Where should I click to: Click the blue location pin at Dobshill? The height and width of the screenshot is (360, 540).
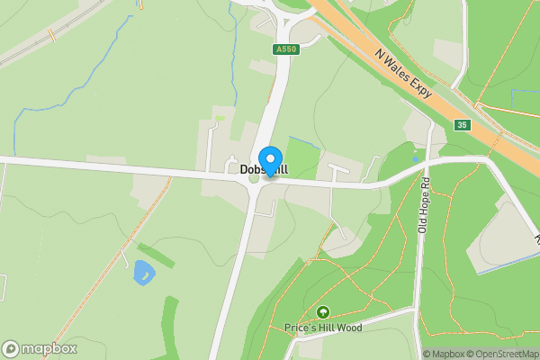pyautogui.click(x=268, y=159)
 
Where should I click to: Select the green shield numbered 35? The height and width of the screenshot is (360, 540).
pyautogui.click(x=462, y=124)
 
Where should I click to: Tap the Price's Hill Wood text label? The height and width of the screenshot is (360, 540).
pyautogui.click(x=322, y=328)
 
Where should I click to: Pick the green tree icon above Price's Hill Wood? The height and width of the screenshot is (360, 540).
pyautogui.click(x=322, y=312)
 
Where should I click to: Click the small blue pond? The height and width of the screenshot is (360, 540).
pyautogui.click(x=142, y=272)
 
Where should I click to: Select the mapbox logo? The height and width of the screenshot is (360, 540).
pyautogui.click(x=39, y=348)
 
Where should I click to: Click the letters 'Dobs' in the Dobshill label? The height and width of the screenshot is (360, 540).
pyautogui.click(x=251, y=169)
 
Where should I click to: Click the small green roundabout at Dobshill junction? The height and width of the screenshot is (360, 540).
pyautogui.click(x=253, y=178)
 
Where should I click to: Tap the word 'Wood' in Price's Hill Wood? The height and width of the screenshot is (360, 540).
pyautogui.click(x=348, y=328)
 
